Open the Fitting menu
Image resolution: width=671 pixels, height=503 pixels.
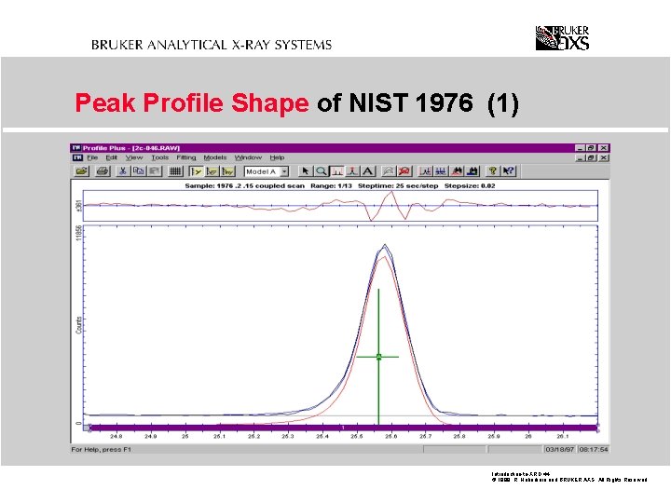pos(186,157)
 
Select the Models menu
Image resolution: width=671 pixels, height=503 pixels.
pos(215,157)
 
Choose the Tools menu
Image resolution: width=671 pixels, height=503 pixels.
pos(160,157)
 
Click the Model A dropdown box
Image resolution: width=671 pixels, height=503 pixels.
pos(267,171)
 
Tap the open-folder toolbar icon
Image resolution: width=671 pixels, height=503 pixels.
pos(80,171)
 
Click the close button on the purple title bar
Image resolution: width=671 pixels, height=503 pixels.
pos(604,147)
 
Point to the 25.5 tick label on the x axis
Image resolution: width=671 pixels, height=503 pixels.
pos(356,436)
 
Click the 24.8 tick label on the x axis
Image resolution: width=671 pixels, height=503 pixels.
pos(116,436)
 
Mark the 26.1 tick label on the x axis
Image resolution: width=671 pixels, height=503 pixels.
pos(562,436)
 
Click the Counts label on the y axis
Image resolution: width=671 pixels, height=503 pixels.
pos(78,323)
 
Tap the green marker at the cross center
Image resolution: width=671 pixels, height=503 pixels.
pos(379,356)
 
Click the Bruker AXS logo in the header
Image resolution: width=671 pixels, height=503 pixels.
pos(562,38)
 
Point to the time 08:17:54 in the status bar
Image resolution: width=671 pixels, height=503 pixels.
pos(592,450)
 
